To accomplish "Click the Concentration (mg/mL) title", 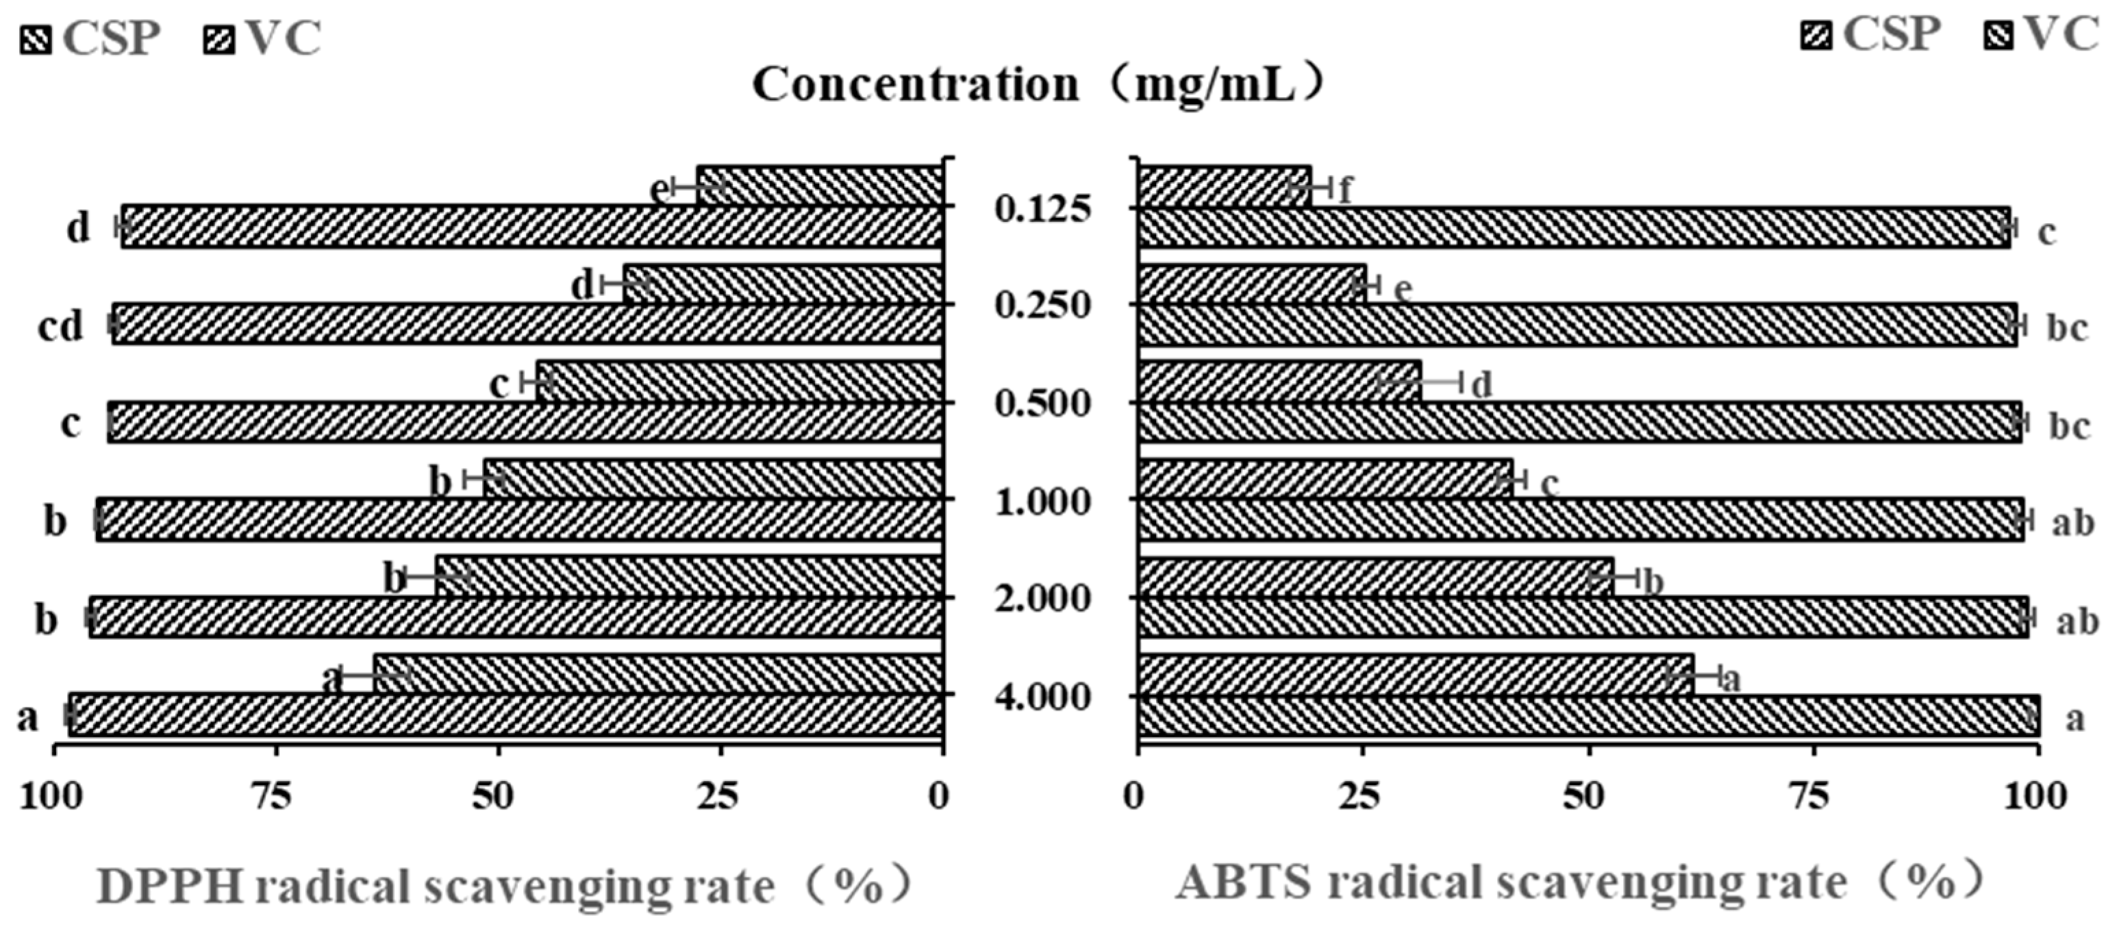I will click(x=1038, y=85).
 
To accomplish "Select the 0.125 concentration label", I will click(x=1042, y=209).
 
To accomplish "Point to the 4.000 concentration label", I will click(x=1042, y=698).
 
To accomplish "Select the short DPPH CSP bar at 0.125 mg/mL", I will click(x=818, y=186).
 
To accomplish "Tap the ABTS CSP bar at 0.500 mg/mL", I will click(x=1280, y=382).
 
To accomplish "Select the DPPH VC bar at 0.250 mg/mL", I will click(x=527, y=323).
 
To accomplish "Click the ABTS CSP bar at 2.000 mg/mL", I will click(x=1375, y=577).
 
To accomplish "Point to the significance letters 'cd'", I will click(x=61, y=327).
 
